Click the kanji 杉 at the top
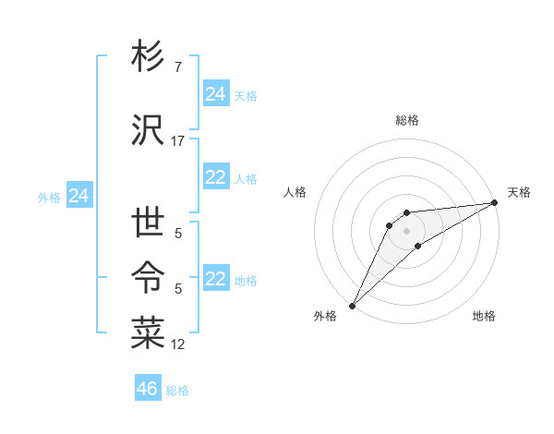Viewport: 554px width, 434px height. tap(148, 57)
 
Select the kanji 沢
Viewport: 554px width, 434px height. tap(148, 130)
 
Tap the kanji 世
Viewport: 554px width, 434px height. tap(148, 224)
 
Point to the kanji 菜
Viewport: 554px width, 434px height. tap(148, 333)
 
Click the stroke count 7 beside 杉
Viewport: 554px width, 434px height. tap(177, 67)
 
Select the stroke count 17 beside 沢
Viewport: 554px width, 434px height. tap(178, 141)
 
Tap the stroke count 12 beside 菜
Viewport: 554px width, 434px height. tap(178, 344)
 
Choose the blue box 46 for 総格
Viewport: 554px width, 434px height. tap(148, 389)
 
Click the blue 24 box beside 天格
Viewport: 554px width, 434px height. tap(216, 94)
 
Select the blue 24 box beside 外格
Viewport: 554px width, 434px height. tap(79, 196)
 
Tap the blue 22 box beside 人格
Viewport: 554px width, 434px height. tap(216, 178)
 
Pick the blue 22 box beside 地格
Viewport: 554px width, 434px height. tap(216, 280)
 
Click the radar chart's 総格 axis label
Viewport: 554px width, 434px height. tap(407, 120)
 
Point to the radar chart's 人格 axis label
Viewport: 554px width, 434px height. tap(295, 192)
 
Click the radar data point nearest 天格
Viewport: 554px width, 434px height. tap(494, 202)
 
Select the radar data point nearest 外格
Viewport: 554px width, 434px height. tap(352, 306)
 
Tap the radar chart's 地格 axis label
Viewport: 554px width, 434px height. tap(484, 316)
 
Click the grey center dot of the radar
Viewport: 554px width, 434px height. tap(406, 231)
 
